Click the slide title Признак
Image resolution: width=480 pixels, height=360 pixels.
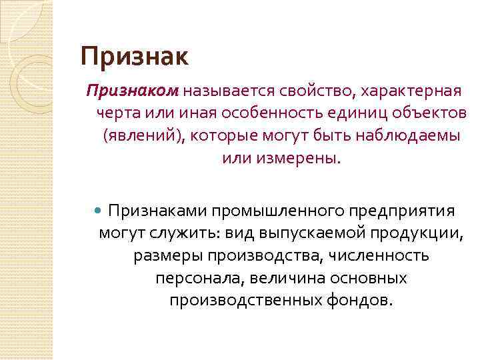(x=135, y=57)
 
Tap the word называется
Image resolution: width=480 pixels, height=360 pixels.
(x=223, y=90)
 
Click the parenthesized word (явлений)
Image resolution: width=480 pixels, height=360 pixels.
(x=143, y=136)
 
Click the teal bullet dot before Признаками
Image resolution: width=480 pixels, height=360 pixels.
(x=99, y=211)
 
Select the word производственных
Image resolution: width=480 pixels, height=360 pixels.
(x=247, y=301)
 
